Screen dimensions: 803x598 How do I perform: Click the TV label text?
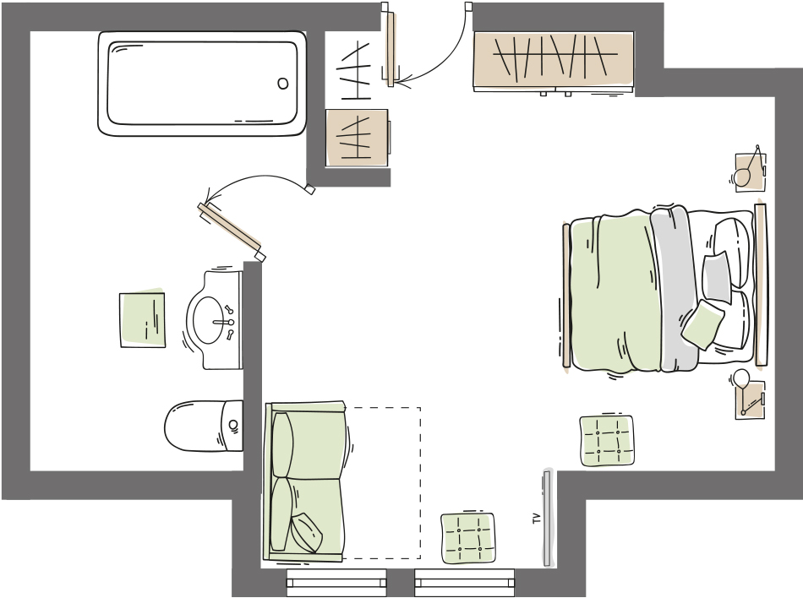537,519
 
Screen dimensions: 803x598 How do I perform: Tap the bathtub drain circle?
282,84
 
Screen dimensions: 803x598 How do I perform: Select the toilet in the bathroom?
204,427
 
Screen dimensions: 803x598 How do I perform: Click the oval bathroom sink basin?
208,321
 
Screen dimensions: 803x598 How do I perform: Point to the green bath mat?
142,320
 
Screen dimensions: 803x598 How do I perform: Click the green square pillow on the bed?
702,324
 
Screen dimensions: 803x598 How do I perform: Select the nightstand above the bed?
751,172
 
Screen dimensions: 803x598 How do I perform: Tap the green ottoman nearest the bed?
606,441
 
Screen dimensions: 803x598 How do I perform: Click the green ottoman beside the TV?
468,538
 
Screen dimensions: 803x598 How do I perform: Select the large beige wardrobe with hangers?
554,61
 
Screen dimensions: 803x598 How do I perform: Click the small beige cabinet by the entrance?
357,138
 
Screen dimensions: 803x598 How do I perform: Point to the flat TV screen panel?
546,519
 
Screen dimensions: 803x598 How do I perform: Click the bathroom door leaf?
229,231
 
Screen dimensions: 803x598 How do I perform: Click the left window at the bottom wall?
336,583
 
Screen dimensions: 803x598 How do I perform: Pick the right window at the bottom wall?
465,583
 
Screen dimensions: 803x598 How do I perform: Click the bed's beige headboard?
761,285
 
